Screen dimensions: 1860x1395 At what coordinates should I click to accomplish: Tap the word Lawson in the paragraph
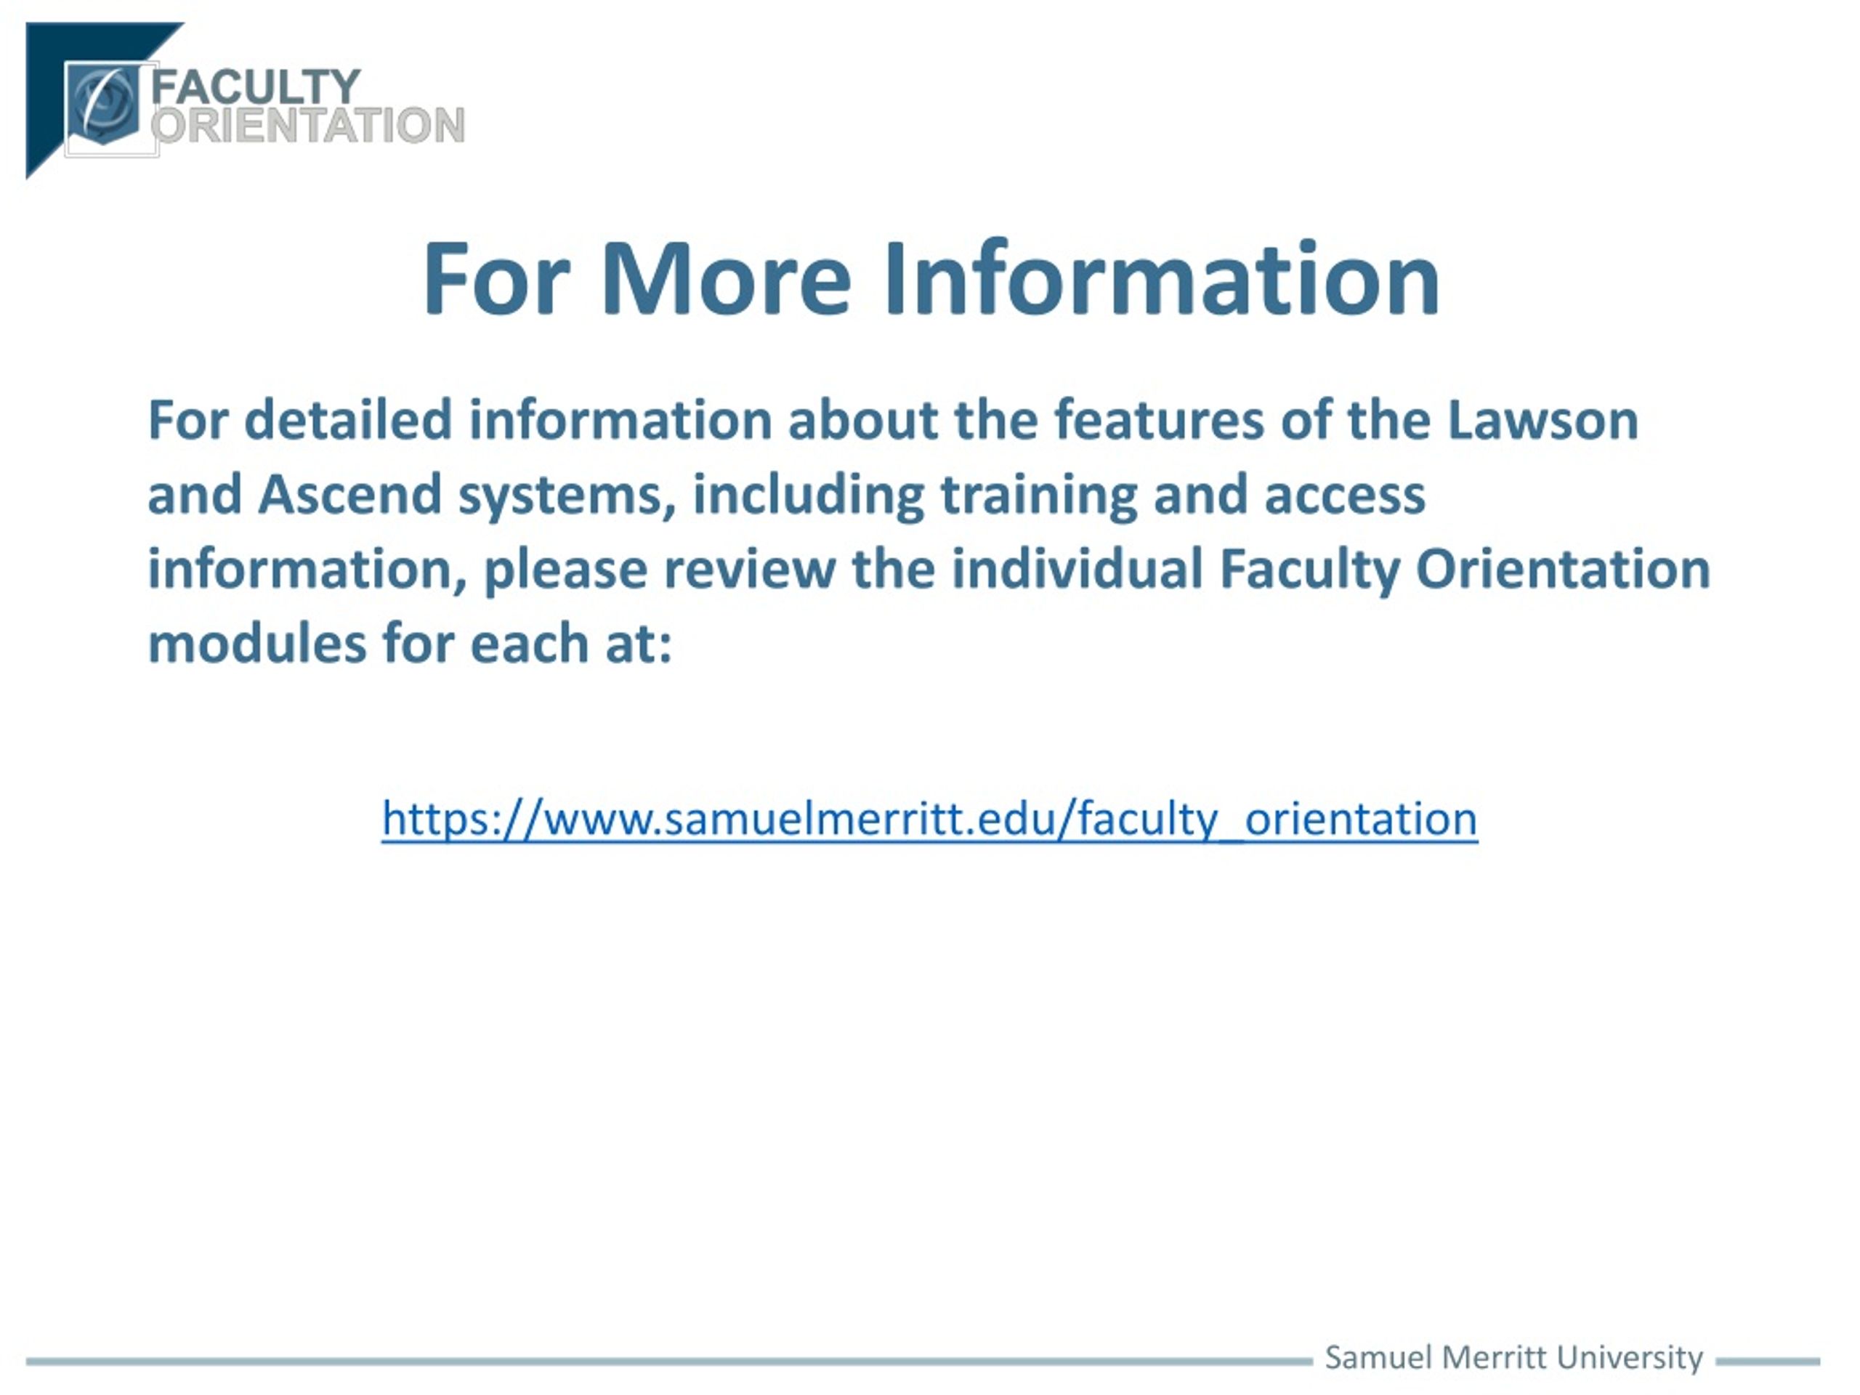[x=1543, y=420]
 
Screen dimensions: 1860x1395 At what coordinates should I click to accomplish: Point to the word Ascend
[x=349, y=495]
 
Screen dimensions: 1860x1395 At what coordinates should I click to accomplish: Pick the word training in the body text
[x=1038, y=497]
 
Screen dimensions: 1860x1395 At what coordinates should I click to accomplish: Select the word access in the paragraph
[x=1346, y=496]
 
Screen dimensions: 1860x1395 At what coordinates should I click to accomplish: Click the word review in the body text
[x=749, y=570]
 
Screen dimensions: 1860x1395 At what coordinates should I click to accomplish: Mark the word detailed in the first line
[x=348, y=420]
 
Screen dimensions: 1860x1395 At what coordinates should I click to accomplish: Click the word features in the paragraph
[x=1159, y=420]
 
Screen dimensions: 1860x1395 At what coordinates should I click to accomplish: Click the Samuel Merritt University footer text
[x=1513, y=1357]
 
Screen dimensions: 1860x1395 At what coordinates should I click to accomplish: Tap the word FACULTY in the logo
[x=256, y=86]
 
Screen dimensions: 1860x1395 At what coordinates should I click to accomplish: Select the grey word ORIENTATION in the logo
[x=308, y=125]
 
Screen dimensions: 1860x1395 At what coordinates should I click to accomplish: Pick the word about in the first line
[x=862, y=420]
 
